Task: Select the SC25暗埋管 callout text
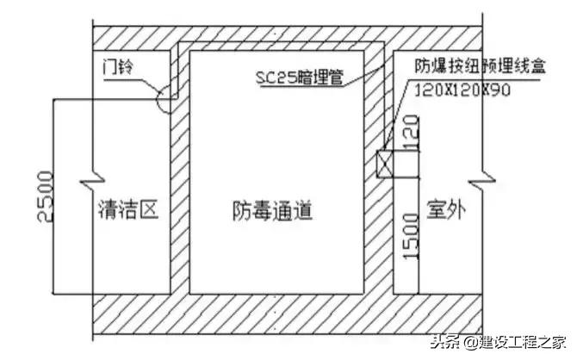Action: pos(300,77)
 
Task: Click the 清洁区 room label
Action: pos(127,209)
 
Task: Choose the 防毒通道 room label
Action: pos(271,209)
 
